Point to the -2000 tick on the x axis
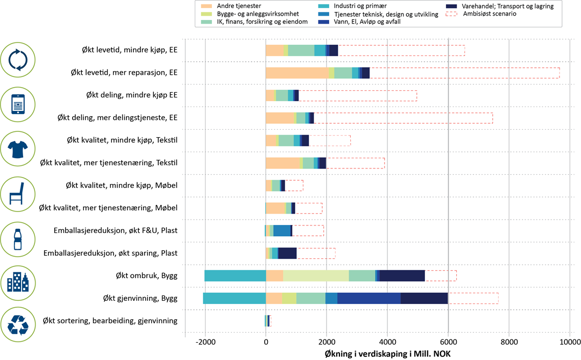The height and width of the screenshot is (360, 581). pos(205,341)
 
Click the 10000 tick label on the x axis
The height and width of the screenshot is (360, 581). pos(570,341)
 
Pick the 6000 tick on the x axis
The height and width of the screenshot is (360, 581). pos(448,341)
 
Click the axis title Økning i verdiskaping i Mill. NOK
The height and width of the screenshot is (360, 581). pos(387,353)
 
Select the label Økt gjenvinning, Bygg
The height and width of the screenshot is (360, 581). pos(140,298)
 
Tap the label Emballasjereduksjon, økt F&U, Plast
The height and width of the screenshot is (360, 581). pos(116,231)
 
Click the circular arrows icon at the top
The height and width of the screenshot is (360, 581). pos(18,60)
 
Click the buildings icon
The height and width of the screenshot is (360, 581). pos(18,282)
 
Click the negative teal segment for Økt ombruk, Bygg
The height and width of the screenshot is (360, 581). pos(235,276)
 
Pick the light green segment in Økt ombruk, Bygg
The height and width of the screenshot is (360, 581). pos(316,276)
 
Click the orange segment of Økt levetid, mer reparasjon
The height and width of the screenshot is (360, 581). pos(297,73)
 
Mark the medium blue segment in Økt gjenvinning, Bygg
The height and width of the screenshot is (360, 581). pos(369,298)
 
